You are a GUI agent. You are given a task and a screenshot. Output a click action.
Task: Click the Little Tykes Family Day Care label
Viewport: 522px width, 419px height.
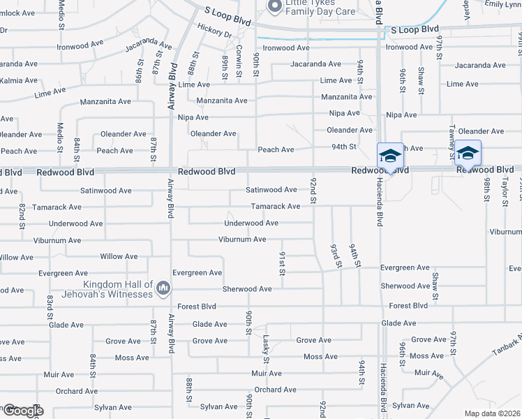318,8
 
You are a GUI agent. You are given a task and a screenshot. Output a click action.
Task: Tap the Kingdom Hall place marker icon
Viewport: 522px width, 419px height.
163,288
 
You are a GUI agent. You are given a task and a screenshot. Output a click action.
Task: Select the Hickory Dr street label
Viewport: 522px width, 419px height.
214,33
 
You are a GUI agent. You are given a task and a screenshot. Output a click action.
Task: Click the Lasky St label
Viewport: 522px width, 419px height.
266,348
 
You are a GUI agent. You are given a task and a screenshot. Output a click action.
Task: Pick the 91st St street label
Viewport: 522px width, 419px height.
283,263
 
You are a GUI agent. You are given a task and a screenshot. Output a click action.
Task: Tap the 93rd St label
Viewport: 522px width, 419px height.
335,255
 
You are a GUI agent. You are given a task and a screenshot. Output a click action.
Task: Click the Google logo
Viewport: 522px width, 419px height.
22,411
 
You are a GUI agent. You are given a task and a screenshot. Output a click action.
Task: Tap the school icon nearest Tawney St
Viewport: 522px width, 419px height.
468,153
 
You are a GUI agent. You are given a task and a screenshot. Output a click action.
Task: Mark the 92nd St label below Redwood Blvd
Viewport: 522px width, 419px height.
313,191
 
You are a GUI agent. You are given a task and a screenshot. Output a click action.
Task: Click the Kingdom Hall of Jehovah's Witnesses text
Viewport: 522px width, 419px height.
118,289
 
